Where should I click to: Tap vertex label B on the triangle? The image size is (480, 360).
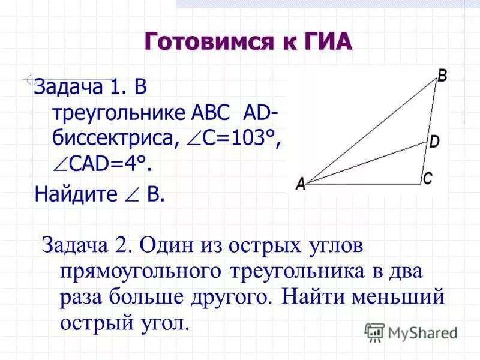[x=442, y=76]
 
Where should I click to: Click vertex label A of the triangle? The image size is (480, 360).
[x=301, y=184]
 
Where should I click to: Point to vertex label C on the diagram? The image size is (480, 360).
[x=428, y=178]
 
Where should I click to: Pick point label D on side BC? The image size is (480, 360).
[x=434, y=142]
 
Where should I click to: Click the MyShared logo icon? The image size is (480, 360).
[x=374, y=332]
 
